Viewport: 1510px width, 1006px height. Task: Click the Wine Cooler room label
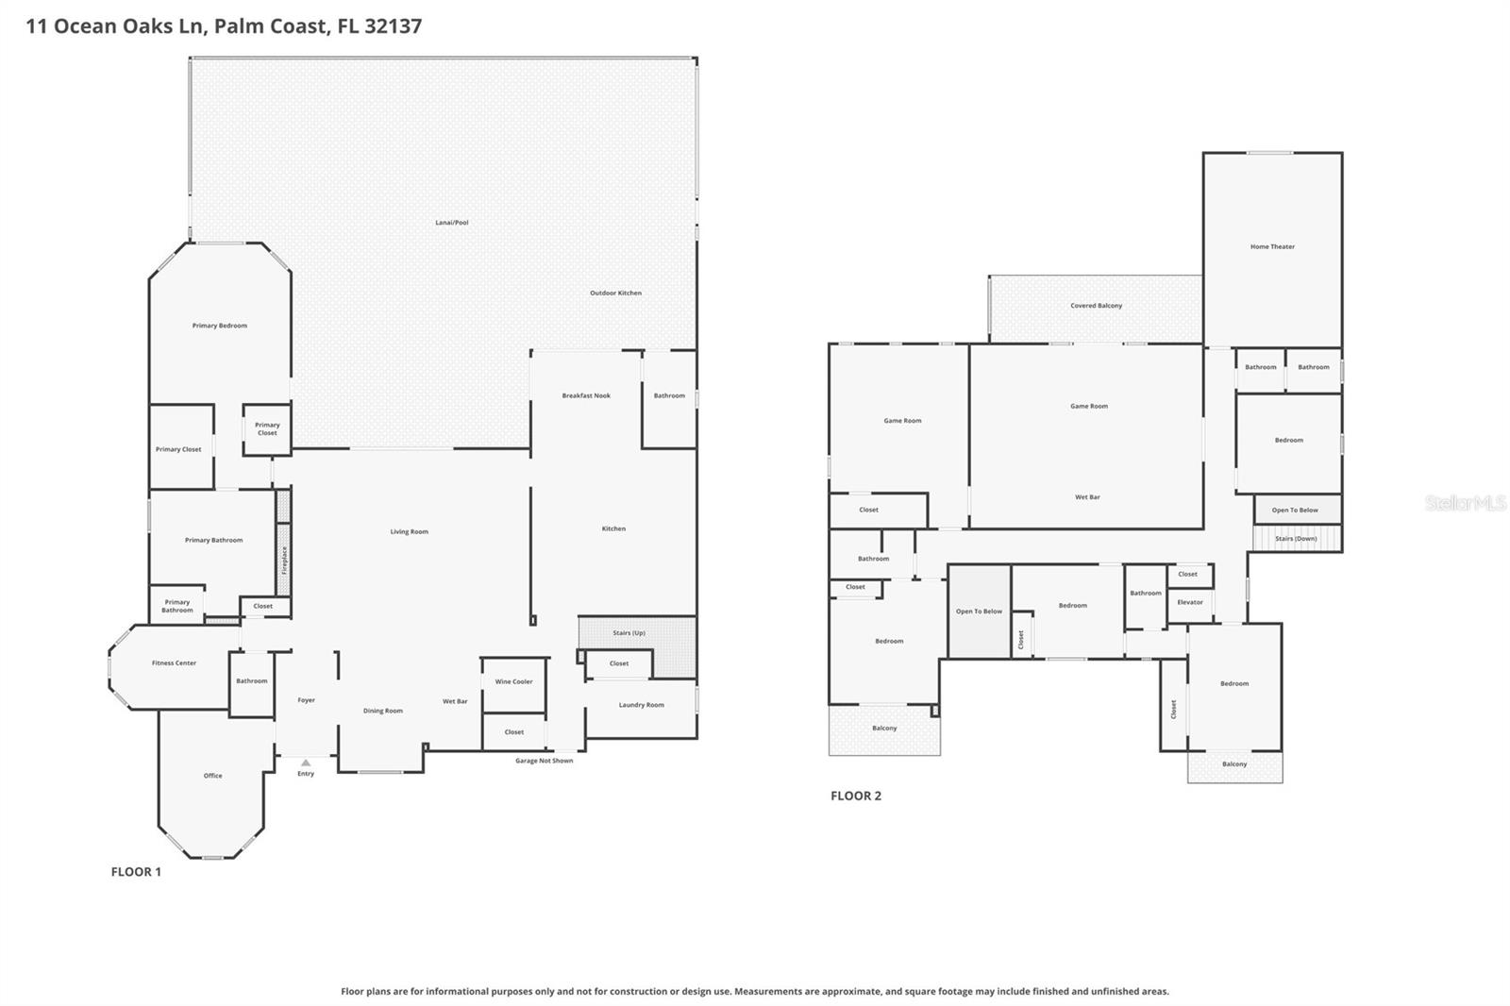click(514, 681)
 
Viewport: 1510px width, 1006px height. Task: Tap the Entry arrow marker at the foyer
click(306, 763)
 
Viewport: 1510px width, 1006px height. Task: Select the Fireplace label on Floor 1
click(284, 560)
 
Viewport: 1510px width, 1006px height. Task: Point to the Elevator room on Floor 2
click(1190, 602)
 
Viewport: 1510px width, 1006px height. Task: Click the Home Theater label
click(1272, 246)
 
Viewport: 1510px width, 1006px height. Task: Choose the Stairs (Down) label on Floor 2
click(1296, 538)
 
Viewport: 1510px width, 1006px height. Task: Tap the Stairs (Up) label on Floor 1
click(629, 632)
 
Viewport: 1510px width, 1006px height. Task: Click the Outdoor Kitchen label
click(615, 293)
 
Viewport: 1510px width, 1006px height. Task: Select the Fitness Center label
click(175, 662)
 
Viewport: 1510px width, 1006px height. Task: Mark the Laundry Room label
click(641, 705)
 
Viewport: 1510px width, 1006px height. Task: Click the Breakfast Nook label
click(586, 395)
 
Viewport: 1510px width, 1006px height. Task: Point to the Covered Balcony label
click(1096, 306)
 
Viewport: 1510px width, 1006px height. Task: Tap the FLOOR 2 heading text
click(855, 796)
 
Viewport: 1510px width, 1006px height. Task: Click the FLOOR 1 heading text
click(136, 871)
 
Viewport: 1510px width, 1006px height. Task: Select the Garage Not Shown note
click(544, 761)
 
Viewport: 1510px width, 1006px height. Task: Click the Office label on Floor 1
click(213, 776)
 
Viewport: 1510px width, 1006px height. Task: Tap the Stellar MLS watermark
click(1465, 503)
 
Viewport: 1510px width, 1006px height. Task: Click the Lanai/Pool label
click(451, 223)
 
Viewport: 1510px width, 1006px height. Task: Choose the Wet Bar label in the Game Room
click(1087, 496)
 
